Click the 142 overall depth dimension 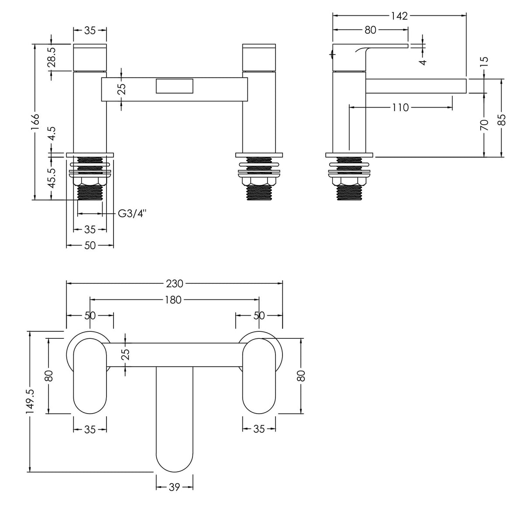pos(399,16)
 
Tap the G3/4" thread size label pos(132,214)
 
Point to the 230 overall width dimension pos(174,283)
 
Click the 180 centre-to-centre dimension pos(174,300)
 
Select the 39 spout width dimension pos(174,487)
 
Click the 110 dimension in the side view pos(400,107)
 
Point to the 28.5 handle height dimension pos(52,57)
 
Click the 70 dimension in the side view pos(484,125)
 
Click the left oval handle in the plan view pos(90,377)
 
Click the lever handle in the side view pos(371,48)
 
